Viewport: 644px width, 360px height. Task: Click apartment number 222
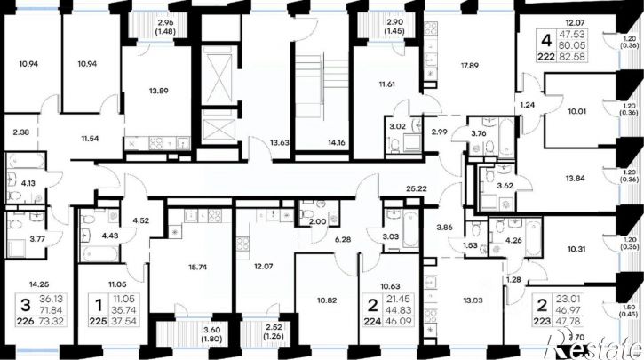(549, 57)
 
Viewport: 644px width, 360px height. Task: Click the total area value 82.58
(582, 57)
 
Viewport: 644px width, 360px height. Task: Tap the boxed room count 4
(547, 39)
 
